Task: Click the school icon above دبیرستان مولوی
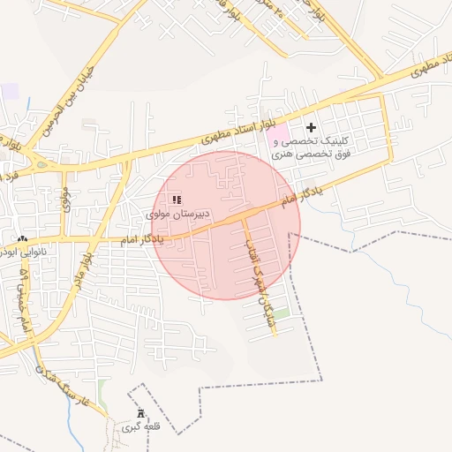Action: point(177,200)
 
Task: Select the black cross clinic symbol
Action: point(311,128)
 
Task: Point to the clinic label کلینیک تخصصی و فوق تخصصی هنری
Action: point(323,147)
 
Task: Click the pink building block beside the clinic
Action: point(278,137)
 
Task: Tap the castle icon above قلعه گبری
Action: point(139,414)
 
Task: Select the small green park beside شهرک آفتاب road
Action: point(281,313)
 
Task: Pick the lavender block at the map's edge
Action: point(9,91)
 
